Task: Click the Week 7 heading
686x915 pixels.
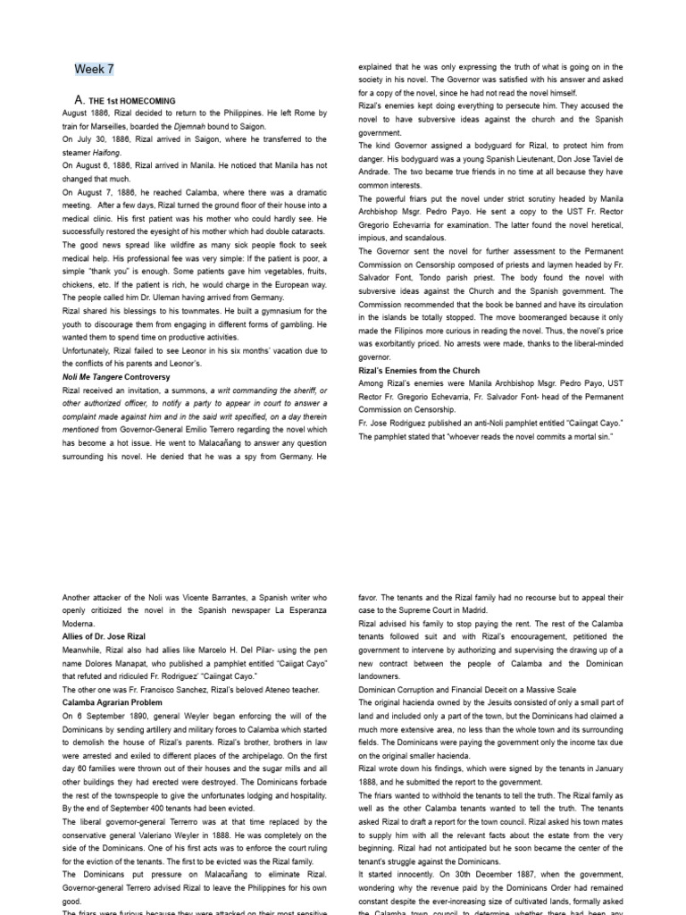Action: pos(94,69)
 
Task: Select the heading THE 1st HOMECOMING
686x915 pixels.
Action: pos(131,101)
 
